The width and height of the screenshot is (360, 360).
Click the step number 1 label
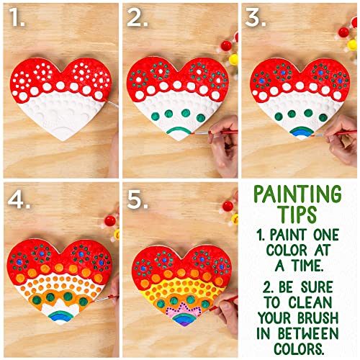(18, 17)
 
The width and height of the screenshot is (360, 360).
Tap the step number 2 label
(138, 17)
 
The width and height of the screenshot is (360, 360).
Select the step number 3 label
(256, 17)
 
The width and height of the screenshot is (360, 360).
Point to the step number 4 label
(19, 199)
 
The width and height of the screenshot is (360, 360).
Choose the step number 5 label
(138, 199)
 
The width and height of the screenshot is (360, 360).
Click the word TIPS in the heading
(298, 214)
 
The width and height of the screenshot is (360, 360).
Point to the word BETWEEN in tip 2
(308, 333)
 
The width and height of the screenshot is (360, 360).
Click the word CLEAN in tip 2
(310, 302)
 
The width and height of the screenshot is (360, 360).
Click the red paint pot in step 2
(226, 45)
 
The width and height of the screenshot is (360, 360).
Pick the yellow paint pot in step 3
(352, 45)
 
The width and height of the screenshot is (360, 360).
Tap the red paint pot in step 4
(110, 220)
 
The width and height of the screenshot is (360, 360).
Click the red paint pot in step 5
(228, 206)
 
